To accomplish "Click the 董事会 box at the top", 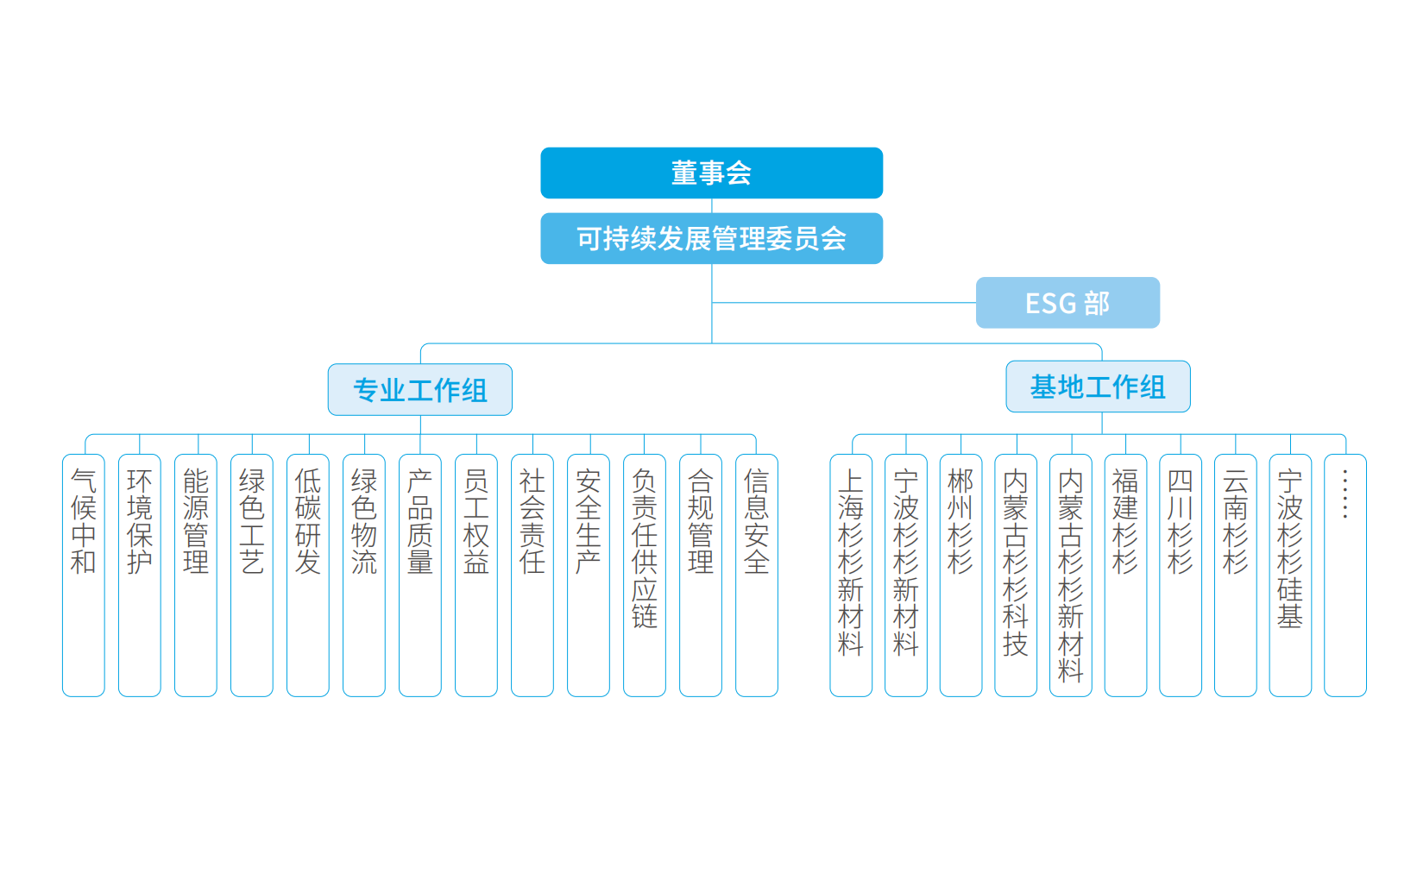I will (x=711, y=173).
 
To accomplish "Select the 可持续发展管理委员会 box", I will (x=711, y=238).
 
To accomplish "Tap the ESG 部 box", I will (x=1067, y=303).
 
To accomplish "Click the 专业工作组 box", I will (x=420, y=390).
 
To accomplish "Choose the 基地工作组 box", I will (x=1098, y=387).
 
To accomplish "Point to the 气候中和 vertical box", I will (x=84, y=575).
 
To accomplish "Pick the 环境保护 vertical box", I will (x=140, y=575).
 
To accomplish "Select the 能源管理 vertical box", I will (x=196, y=575).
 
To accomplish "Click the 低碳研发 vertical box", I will (x=308, y=575).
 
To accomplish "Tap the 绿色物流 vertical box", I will (x=364, y=575).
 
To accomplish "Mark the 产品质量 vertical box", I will (x=420, y=575).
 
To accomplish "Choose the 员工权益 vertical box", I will (x=476, y=575).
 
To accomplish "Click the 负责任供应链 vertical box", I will (x=645, y=575).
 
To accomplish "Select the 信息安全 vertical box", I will (x=757, y=575).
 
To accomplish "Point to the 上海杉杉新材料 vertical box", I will (x=851, y=575).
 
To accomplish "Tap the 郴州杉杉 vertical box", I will (x=960, y=575).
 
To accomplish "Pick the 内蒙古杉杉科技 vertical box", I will (x=1016, y=575).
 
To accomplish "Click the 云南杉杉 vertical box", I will (x=1236, y=575).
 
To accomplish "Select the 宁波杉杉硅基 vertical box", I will (x=1290, y=575).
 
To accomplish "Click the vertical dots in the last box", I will (x=1345, y=494).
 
